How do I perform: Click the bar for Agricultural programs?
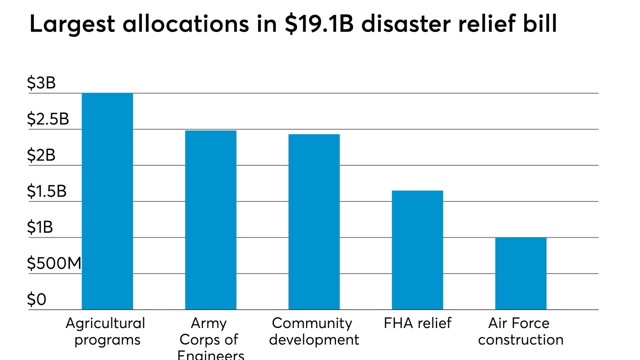point(107,201)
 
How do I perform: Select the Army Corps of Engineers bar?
point(210,220)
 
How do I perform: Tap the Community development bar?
point(314,221)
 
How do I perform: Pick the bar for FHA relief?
point(417,250)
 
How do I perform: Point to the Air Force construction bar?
point(520,273)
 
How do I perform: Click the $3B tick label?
point(41,83)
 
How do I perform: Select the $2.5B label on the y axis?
point(48,119)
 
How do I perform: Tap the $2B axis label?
point(41,155)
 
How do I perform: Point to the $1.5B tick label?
point(47,191)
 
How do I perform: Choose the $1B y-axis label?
point(40,227)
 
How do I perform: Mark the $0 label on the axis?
point(36,299)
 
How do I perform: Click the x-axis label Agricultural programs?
point(105,331)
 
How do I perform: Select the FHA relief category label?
point(417,323)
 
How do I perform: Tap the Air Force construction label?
point(520,331)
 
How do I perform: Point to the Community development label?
point(314,331)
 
